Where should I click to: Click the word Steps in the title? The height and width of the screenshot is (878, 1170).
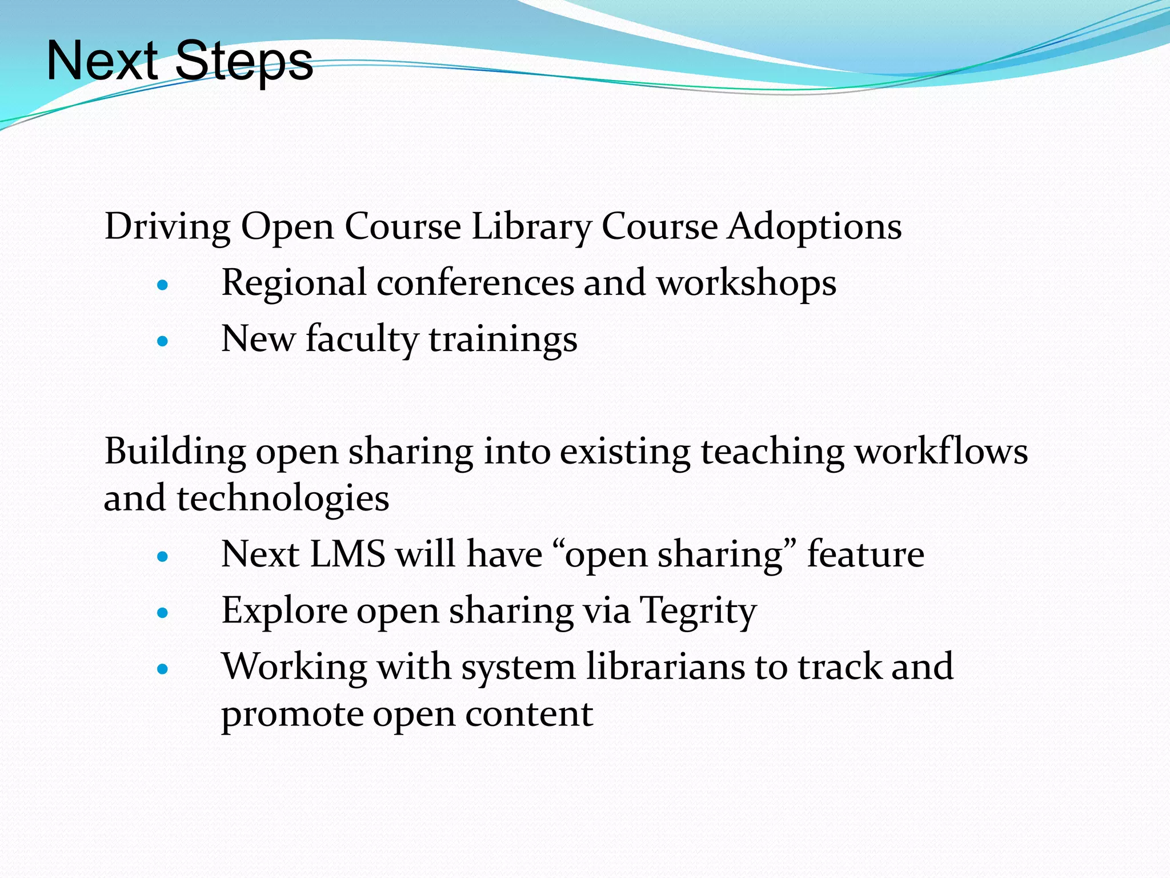click(x=244, y=62)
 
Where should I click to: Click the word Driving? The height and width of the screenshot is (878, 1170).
click(x=167, y=227)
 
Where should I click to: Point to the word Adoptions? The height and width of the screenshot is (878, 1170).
click(x=815, y=227)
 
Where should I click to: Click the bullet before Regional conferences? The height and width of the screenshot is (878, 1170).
click(x=163, y=284)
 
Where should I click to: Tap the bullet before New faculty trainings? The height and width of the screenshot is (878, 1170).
click(x=163, y=341)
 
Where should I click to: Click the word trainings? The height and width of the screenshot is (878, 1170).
click(x=503, y=340)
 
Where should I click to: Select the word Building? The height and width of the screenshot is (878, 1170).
click(x=175, y=452)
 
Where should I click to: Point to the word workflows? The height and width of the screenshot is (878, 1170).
click(x=941, y=451)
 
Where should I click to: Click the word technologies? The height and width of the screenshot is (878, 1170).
click(x=283, y=498)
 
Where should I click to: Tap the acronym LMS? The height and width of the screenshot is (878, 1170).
click(x=347, y=554)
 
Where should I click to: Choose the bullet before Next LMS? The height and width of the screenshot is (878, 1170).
click(x=163, y=556)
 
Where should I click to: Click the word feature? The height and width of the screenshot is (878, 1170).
click(x=866, y=554)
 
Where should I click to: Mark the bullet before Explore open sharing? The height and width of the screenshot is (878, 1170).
click(x=163, y=613)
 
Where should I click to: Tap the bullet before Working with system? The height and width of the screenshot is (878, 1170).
click(x=163, y=669)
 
